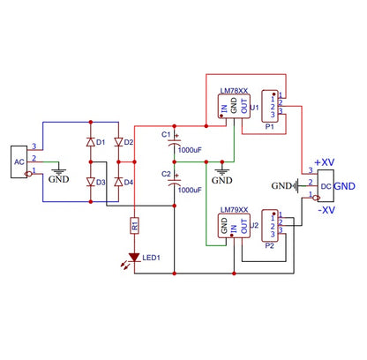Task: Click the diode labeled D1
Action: [x=90, y=142]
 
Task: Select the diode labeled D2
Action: [x=118, y=142]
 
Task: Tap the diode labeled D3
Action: [x=90, y=182]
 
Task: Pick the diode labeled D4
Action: [x=118, y=182]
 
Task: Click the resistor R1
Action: [x=134, y=226]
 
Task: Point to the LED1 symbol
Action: [x=134, y=259]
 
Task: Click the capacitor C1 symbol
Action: [x=175, y=139]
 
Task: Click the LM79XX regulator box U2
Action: [x=233, y=228]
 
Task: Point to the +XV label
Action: [x=324, y=163]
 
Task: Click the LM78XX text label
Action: [x=234, y=90]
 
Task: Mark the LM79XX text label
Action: [x=234, y=210]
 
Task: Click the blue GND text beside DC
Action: [x=345, y=187]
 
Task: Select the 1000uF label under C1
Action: [x=191, y=150]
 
